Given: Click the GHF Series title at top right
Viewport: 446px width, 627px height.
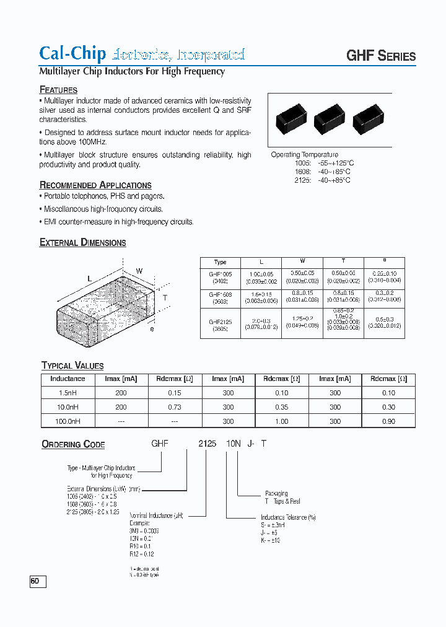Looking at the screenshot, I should [x=380, y=55].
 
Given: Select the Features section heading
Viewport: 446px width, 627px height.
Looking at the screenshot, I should [x=58, y=90].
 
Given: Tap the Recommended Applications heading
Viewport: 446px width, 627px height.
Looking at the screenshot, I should [x=95, y=185].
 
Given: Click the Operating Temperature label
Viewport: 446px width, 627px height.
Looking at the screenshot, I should [x=304, y=154].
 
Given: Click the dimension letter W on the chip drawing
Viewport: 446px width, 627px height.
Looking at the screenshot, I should [x=139, y=271].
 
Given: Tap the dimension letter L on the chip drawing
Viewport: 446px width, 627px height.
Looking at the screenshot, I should [x=89, y=279].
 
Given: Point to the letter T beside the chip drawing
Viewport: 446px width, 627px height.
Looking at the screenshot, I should [x=165, y=297].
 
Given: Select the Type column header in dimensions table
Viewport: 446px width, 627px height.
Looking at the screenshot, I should [x=220, y=262].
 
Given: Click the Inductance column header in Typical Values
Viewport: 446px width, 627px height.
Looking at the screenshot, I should [x=68, y=379].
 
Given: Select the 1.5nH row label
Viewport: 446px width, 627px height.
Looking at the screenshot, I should [x=68, y=393].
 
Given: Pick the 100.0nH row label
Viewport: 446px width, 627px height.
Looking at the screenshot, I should [x=68, y=421].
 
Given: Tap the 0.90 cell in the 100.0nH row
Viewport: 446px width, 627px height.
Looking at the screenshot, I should [x=388, y=421].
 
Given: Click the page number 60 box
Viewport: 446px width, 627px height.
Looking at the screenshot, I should [x=37, y=581].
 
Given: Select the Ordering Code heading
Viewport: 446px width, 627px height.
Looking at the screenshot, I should [x=73, y=444].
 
